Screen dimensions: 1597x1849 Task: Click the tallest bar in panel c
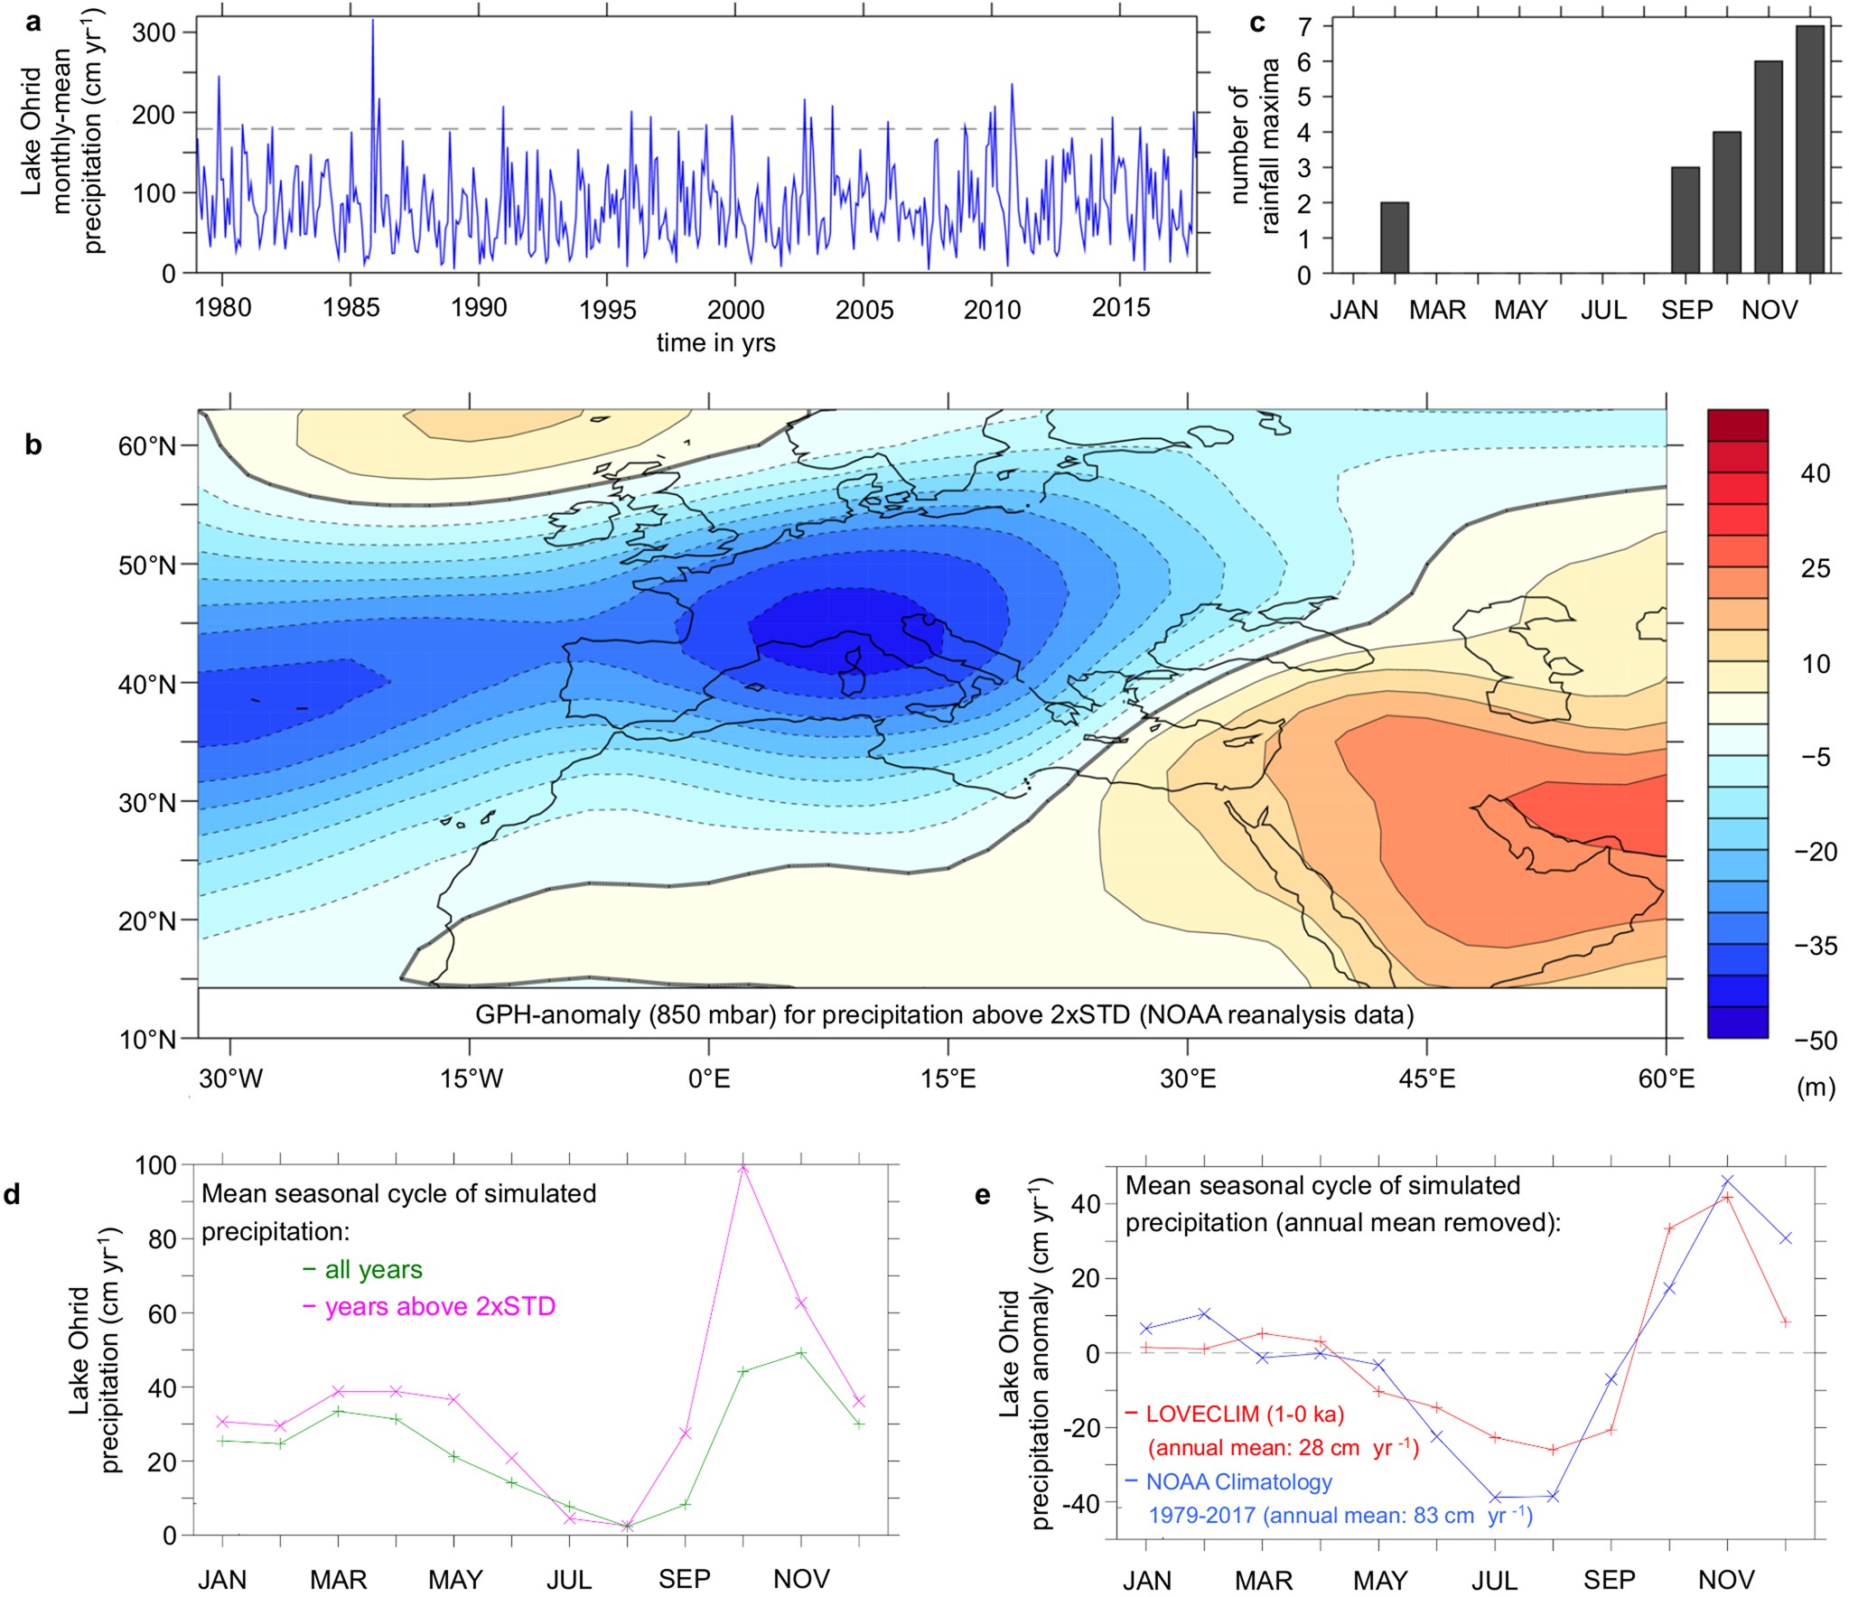(x=1809, y=149)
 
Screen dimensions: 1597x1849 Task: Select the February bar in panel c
(x=1395, y=238)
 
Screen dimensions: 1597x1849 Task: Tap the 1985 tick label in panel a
(x=350, y=308)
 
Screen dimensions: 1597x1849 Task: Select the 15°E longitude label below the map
(x=948, y=1079)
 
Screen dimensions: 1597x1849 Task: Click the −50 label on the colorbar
(x=1815, y=1040)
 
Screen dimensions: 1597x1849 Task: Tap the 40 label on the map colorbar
(x=1815, y=473)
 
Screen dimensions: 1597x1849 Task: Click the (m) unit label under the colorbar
(x=1816, y=1088)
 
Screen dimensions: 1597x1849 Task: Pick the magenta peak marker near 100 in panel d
(x=743, y=1169)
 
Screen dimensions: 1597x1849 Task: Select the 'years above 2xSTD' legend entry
(x=439, y=1306)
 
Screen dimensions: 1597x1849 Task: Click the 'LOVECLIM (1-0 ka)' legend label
(x=1245, y=1413)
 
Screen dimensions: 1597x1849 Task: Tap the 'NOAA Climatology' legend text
(x=1238, y=1481)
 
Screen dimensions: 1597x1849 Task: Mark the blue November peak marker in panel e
(x=1727, y=1181)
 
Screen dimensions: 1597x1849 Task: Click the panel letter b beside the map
(x=33, y=444)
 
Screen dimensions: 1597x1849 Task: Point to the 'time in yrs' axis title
(x=715, y=343)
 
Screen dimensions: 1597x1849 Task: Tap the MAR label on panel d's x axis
(x=338, y=1579)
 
